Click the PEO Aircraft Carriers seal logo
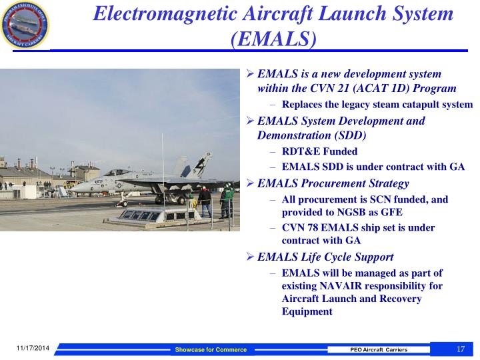[x=25, y=25]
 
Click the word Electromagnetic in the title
[x=165, y=13]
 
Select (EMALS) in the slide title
[x=273, y=39]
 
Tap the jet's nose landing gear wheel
[x=124, y=203]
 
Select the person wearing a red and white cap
[x=205, y=201]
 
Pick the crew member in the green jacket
[x=226, y=200]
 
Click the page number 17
[x=461, y=349]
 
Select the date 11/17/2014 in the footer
[x=33, y=348]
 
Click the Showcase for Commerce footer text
[x=211, y=349]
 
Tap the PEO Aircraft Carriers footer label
[x=379, y=349]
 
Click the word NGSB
[x=352, y=212]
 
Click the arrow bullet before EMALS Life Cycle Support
[x=250, y=256]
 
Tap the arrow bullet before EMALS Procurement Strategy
[x=250, y=183]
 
